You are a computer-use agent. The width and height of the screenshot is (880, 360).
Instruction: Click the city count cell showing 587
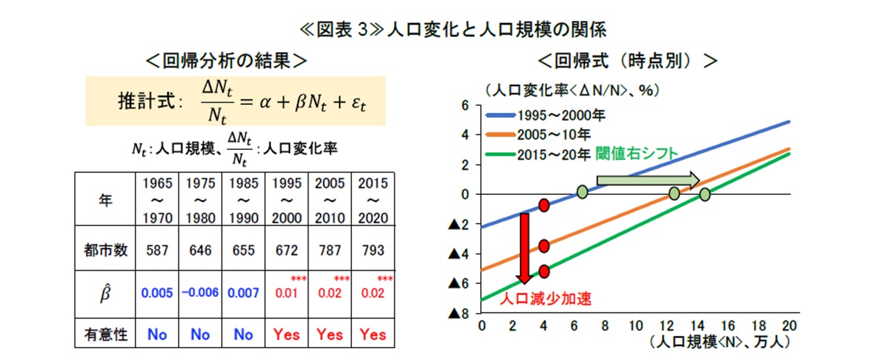157,250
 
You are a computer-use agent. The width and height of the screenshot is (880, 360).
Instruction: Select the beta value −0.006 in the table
200,293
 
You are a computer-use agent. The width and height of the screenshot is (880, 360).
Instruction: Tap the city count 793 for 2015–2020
373,250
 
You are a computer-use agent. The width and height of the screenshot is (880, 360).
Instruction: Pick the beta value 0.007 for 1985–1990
243,293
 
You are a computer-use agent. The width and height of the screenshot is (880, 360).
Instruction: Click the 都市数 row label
105,250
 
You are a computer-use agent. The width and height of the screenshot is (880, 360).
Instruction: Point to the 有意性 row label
105,335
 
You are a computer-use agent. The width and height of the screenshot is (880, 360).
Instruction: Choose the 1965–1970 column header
157,201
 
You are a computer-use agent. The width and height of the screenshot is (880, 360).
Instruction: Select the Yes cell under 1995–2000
286,335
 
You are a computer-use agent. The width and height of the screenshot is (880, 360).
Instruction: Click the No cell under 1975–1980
200,335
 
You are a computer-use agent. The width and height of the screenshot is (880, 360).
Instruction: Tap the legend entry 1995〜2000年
545,115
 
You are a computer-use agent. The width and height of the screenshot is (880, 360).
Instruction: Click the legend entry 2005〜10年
538,135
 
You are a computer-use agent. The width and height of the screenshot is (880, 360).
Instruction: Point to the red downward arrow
524,248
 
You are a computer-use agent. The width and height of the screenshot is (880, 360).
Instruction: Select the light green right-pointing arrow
648,180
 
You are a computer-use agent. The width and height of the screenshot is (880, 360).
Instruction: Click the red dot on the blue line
544,205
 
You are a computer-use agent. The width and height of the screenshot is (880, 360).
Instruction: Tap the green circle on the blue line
582,192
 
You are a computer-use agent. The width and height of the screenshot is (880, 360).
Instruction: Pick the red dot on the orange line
544,246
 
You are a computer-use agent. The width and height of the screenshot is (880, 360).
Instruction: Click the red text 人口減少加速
545,299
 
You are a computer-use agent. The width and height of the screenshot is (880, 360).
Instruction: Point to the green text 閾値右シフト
637,154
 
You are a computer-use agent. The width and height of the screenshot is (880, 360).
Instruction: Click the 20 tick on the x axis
789,326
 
